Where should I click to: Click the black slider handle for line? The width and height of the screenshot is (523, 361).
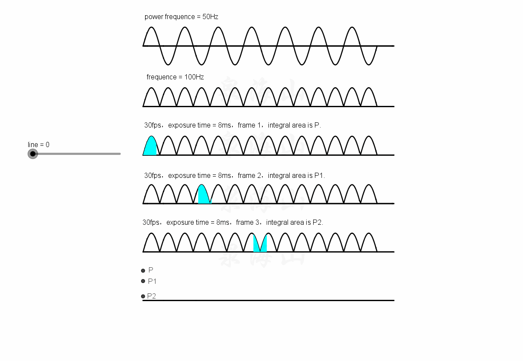(x=33, y=154)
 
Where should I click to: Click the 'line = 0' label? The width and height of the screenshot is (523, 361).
(x=39, y=144)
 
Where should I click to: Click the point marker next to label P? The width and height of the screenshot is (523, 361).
(x=143, y=271)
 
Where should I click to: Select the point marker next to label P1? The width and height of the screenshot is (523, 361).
(x=143, y=281)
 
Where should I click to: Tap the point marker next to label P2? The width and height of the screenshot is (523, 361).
(x=143, y=296)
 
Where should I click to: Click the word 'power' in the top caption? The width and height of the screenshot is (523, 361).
(x=154, y=17)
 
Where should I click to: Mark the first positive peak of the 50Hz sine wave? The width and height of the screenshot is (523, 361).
(x=151, y=27)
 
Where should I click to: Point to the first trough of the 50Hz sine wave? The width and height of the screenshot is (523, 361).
(x=168, y=64)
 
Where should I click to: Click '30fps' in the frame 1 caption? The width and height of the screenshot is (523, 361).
(x=152, y=125)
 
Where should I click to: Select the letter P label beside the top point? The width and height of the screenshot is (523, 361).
(x=151, y=270)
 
